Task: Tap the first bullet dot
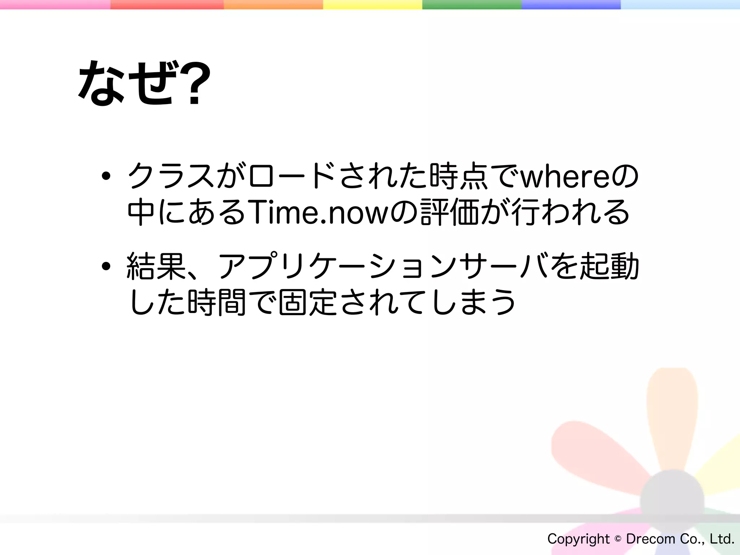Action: tap(106, 176)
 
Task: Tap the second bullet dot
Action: tap(106, 267)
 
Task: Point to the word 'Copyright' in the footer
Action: tap(578, 539)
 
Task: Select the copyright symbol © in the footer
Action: tap(618, 539)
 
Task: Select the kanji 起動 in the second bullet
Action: tap(610, 267)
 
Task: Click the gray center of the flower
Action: tap(672, 501)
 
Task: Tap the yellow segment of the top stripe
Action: tap(373, 5)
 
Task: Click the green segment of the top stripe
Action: tap(472, 5)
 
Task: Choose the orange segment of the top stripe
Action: tap(273, 5)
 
